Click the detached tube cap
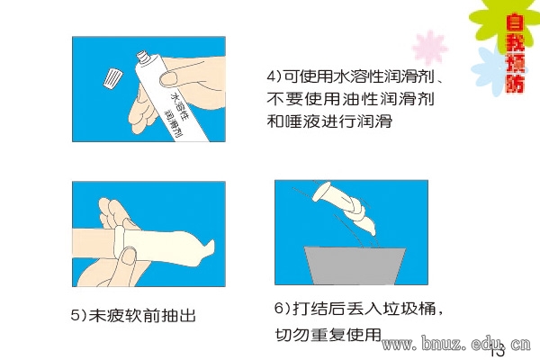coord(112,79)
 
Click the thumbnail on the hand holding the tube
coord(169,79)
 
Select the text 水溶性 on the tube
coord(179,104)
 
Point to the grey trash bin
coord(355,265)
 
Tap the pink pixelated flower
coord(429,48)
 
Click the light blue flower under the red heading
coord(489,70)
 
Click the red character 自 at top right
coord(515,22)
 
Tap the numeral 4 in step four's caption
coord(271,76)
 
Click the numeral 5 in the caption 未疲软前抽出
coord(76,315)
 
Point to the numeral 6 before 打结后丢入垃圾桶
coord(279,307)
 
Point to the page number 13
coord(498,352)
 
